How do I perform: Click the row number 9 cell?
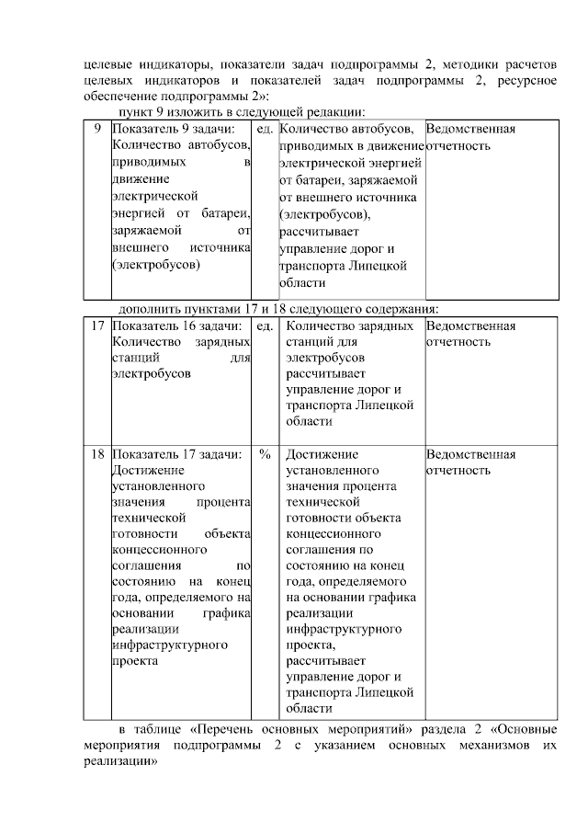coord(97,130)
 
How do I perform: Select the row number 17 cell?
coord(97,325)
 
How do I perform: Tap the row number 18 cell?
coord(97,454)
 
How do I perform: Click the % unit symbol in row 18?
coord(265,454)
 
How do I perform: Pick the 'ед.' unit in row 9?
coord(265,130)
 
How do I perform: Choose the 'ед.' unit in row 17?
coord(265,325)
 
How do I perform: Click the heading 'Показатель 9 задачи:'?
coord(172,130)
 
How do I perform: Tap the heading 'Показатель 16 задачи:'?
coord(175,325)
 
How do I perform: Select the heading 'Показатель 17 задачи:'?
coord(175,454)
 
